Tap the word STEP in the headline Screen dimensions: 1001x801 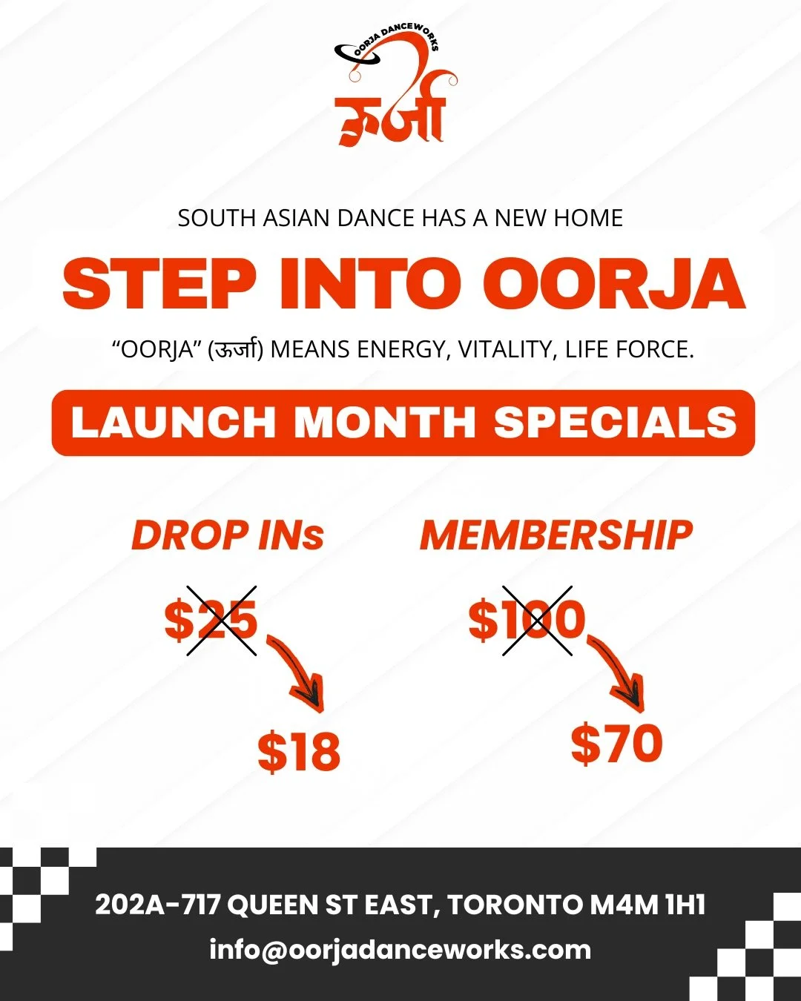[x=159, y=284]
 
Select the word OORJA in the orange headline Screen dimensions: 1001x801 [x=613, y=284]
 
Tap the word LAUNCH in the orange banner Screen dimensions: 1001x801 [x=173, y=423]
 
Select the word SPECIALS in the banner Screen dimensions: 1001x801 [x=615, y=423]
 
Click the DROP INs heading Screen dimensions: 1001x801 [x=228, y=535]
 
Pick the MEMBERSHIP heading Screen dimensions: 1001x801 [x=556, y=535]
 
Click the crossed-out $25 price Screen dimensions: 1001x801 [x=211, y=620]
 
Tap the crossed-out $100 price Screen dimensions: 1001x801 [x=527, y=620]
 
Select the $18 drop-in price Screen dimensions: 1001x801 [x=299, y=751]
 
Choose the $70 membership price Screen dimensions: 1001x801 [x=616, y=744]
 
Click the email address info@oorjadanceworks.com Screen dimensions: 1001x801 [x=400, y=950]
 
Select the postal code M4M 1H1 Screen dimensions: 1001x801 [x=647, y=905]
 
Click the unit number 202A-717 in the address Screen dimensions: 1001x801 [x=157, y=905]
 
